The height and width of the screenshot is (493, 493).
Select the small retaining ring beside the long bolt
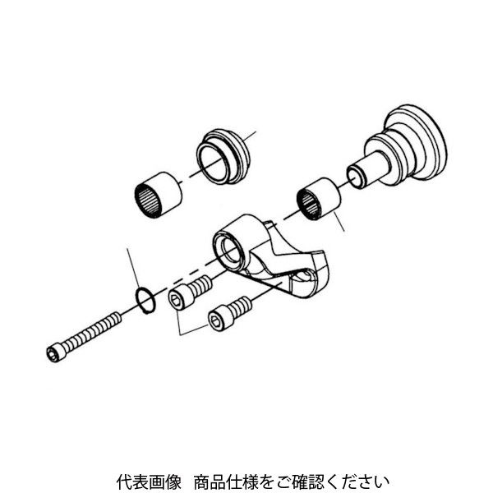144,300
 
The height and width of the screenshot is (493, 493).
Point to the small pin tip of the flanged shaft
355,176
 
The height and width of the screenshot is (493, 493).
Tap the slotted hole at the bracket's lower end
307,283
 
